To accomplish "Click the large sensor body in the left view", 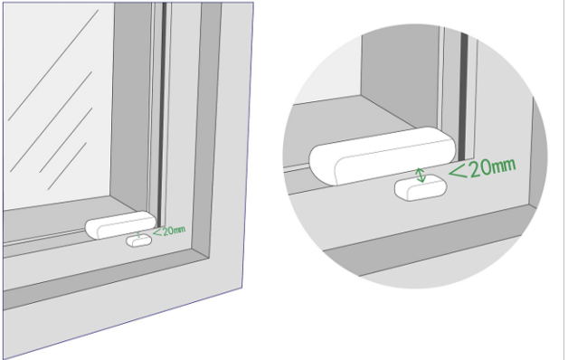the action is tap(121, 225).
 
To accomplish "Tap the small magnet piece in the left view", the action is tap(138, 241).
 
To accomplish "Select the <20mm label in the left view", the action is tap(169, 231).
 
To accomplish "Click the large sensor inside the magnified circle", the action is tap(383, 156).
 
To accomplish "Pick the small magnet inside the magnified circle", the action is tap(421, 187).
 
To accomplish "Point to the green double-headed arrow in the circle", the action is tap(421, 175).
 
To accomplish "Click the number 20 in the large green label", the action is tap(481, 168).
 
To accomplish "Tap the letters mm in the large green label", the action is tap(505, 166).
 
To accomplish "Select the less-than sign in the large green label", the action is tap(459, 171).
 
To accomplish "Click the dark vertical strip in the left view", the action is tap(162, 109).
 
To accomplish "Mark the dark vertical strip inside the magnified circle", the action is tap(463, 96).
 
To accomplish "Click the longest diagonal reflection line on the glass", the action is tap(53, 65).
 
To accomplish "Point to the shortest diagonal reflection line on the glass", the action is tap(67, 166).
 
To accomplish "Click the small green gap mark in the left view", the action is tap(138, 234).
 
